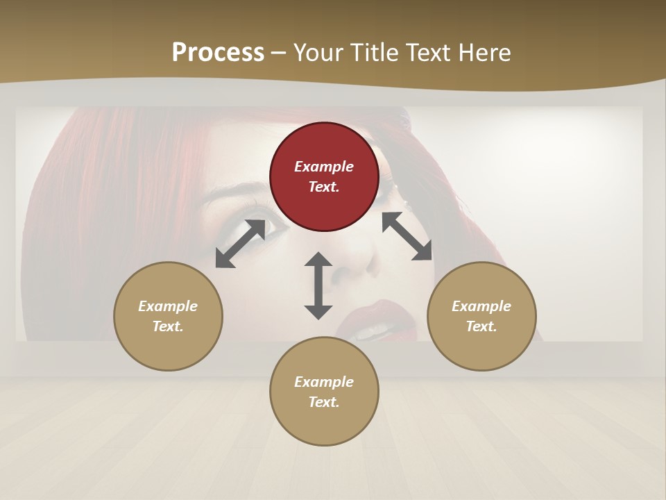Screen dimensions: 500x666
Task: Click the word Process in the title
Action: (x=218, y=53)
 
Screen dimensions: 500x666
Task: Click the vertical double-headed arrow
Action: (x=318, y=285)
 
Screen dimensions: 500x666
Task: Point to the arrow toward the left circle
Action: (x=240, y=244)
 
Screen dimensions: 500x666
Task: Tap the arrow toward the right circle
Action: (x=407, y=236)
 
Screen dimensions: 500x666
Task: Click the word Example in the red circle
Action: (x=324, y=167)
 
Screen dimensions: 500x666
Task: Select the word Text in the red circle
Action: (x=323, y=187)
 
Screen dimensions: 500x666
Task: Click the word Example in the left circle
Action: (x=168, y=306)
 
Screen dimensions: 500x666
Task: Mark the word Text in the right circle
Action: (x=480, y=326)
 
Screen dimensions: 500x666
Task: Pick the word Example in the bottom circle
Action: (x=324, y=382)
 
